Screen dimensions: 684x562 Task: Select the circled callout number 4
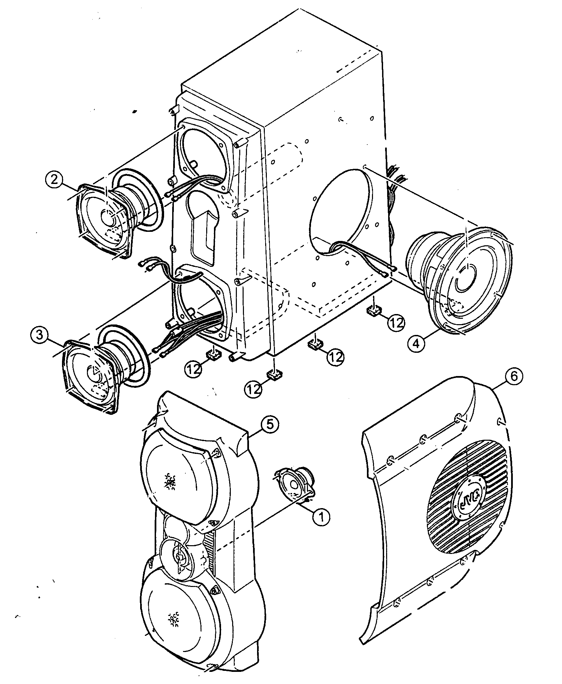point(417,343)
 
